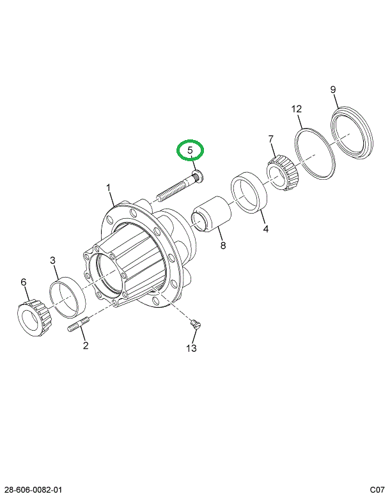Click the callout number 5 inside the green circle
pyautogui.click(x=190, y=151)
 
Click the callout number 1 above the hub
pyautogui.click(x=109, y=188)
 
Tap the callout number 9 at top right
pyautogui.click(x=333, y=90)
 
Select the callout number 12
pyautogui.click(x=297, y=109)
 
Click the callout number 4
pyautogui.click(x=265, y=228)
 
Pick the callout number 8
pyautogui.click(x=222, y=245)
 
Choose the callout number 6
pyautogui.click(x=24, y=281)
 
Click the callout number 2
pyautogui.click(x=85, y=346)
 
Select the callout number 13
pyautogui.click(x=192, y=348)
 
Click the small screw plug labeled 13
pyautogui.click(x=196, y=326)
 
